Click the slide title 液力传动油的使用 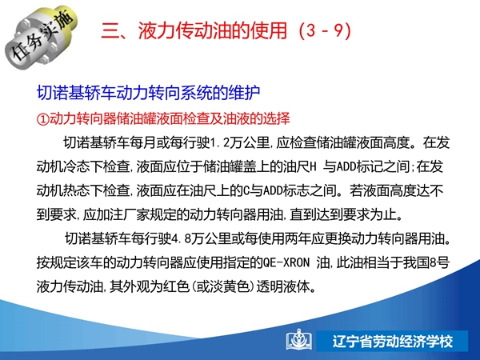click(x=213, y=31)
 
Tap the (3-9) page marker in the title click(x=325, y=31)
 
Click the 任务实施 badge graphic click(x=41, y=37)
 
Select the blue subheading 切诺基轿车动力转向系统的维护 click(x=149, y=93)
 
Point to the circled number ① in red click(x=43, y=118)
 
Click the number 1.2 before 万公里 click(x=219, y=142)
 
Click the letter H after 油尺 click(x=313, y=166)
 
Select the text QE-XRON click(x=286, y=262)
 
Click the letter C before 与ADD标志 click(x=246, y=190)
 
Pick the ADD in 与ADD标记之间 click(x=346, y=166)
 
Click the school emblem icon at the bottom click(x=299, y=340)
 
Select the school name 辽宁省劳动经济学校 click(x=393, y=341)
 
